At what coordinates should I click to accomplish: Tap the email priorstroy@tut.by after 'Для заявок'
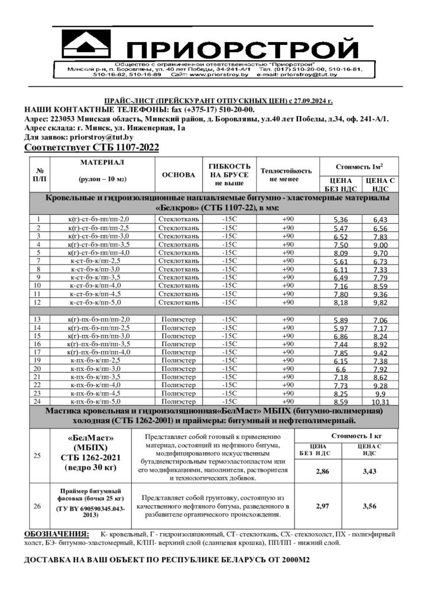pyautogui.click(x=102, y=137)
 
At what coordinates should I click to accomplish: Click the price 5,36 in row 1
pyautogui.click(x=340, y=220)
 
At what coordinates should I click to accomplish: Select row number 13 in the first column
pyautogui.click(x=37, y=320)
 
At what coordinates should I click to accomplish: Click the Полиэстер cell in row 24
pyautogui.click(x=178, y=401)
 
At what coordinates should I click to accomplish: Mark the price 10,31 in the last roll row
pyautogui.click(x=380, y=402)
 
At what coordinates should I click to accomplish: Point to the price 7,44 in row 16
pyautogui.click(x=340, y=344)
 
